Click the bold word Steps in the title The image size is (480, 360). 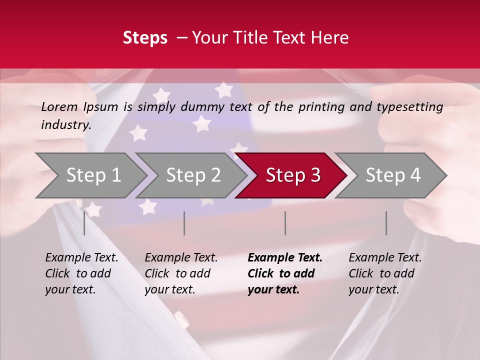145,38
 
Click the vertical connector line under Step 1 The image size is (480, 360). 84,223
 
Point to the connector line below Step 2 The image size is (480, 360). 184,223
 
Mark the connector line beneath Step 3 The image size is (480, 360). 285,223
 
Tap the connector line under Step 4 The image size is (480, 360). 386,223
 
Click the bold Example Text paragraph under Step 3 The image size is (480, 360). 284,273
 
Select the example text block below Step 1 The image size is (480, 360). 81,273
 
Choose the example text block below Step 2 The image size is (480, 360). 181,273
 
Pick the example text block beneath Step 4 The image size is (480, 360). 385,273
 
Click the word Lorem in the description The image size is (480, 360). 59,106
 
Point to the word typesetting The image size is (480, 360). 409,106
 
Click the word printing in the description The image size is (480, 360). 321,106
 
